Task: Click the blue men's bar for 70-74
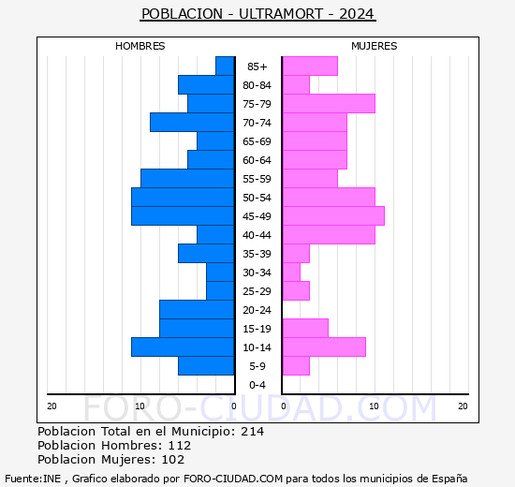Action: pyautogui.click(x=192, y=123)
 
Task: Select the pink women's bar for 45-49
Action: pyautogui.click(x=333, y=216)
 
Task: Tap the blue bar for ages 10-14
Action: pyautogui.click(x=183, y=347)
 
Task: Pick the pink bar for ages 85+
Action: pyautogui.click(x=310, y=66)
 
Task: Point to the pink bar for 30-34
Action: pyautogui.click(x=291, y=273)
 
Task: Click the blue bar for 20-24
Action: pyautogui.click(x=197, y=310)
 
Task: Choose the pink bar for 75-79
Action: pyautogui.click(x=329, y=104)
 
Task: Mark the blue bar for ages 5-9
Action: pyautogui.click(x=206, y=366)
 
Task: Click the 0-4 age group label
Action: pyautogui.click(x=257, y=385)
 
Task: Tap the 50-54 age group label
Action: pyautogui.click(x=257, y=198)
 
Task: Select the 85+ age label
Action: pyautogui.click(x=257, y=66)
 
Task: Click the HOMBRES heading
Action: pyautogui.click(x=140, y=46)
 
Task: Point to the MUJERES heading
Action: pyautogui.click(x=375, y=46)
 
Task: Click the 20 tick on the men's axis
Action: pyautogui.click(x=51, y=406)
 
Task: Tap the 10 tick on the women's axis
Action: pyautogui.click(x=375, y=406)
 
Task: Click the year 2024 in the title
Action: pyautogui.click(x=357, y=14)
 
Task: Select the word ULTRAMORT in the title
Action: pyautogui.click(x=281, y=14)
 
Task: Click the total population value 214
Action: pyautogui.click(x=252, y=431)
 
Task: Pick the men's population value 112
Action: pyautogui.click(x=180, y=445)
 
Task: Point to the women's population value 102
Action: pyautogui.click(x=173, y=460)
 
